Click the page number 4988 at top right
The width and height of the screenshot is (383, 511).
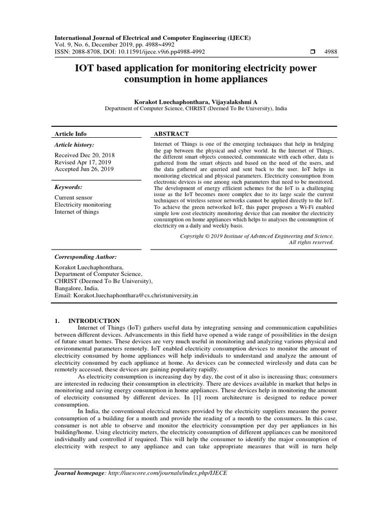[331, 52]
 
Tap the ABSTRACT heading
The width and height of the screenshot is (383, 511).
[171, 134]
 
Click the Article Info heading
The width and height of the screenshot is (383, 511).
[70, 134]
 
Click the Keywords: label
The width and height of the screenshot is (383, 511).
[68, 187]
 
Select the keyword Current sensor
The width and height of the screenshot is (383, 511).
[73, 198]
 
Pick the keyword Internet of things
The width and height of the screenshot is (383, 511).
[76, 212]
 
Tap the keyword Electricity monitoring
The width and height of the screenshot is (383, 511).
[83, 205]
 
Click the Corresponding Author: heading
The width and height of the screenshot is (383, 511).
[85, 256]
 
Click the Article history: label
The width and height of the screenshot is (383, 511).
[74, 144]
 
